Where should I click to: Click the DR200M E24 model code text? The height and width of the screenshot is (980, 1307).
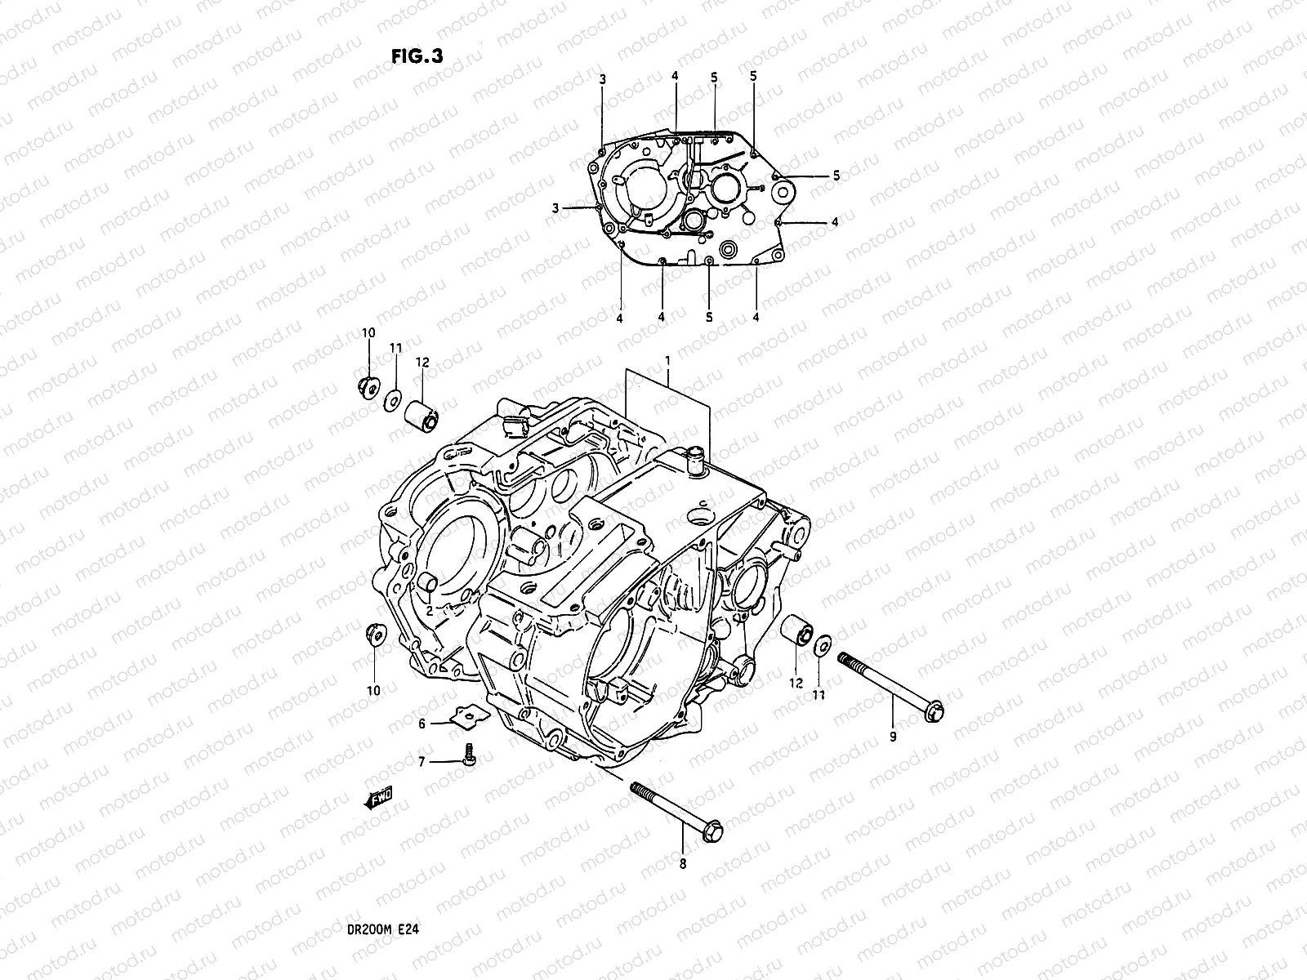click(383, 929)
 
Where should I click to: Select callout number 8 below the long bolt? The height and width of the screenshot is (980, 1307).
click(683, 862)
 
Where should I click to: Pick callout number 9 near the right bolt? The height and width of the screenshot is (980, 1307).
click(893, 737)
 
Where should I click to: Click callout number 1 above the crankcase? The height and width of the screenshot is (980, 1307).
click(667, 360)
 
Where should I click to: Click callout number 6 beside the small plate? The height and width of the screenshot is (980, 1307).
click(422, 724)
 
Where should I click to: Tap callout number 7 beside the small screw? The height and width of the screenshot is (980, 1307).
click(422, 762)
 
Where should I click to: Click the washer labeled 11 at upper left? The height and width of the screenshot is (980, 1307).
click(393, 398)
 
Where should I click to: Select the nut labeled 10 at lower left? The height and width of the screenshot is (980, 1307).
click(374, 635)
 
